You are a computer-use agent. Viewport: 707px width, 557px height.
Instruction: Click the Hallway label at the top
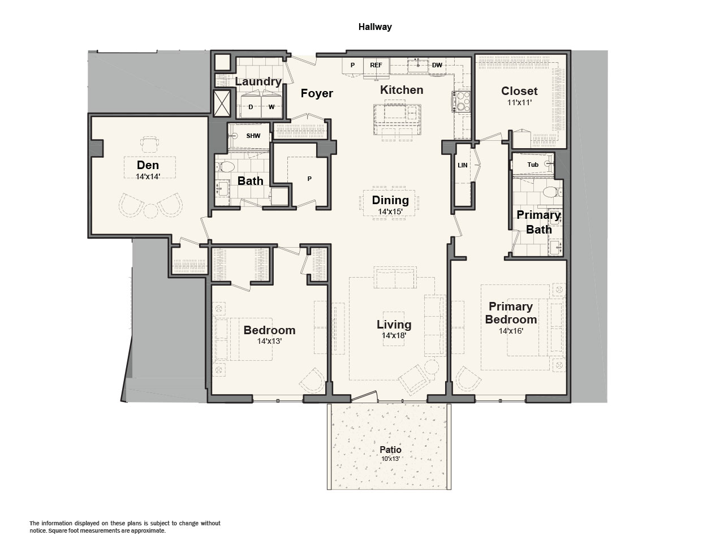coord(375,27)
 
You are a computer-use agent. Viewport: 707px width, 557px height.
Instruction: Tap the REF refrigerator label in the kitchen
coord(376,65)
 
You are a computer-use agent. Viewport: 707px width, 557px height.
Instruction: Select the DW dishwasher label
coord(437,65)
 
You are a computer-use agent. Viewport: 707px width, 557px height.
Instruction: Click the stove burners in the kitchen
coord(463,101)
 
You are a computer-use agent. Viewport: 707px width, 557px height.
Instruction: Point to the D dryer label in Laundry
coord(251,107)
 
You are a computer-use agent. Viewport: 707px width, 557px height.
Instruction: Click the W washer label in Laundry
coord(271,107)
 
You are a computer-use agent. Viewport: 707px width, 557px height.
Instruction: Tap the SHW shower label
coord(253,136)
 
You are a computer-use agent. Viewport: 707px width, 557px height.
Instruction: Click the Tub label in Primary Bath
coord(533,165)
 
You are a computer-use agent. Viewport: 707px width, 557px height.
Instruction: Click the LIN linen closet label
coord(462,165)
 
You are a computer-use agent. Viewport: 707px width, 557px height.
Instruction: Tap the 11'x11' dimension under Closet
coord(519,102)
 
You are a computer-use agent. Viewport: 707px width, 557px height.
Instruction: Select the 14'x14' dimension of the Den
coord(148,176)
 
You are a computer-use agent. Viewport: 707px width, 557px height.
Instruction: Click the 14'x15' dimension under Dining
coord(390,211)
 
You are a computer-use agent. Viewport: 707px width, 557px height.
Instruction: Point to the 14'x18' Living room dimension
coord(394,335)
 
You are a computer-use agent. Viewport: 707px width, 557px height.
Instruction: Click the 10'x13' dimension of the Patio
coord(391,459)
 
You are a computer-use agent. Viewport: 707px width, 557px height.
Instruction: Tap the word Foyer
coord(317,93)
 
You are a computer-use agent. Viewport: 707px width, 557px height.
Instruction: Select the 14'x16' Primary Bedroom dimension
coord(511,331)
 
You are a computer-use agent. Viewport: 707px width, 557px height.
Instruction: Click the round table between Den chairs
coord(150,211)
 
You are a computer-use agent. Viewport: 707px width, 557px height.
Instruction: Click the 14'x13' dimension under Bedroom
coord(269,341)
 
